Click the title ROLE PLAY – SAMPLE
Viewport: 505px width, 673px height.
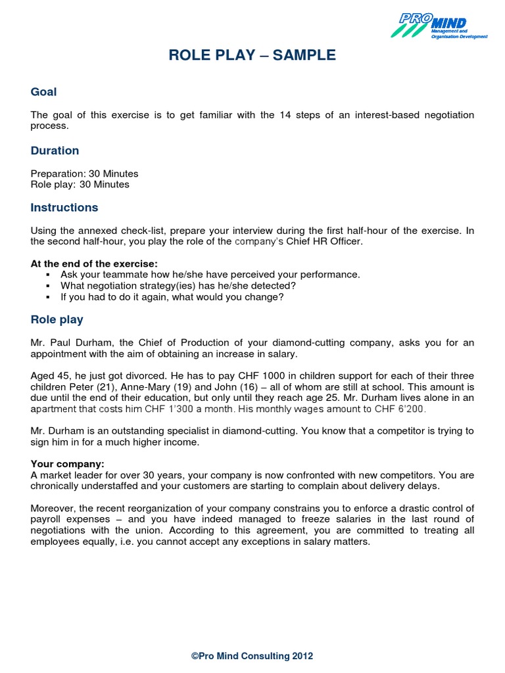coord(252,56)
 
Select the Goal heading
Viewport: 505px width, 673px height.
coord(44,93)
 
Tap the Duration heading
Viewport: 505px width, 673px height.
coord(55,151)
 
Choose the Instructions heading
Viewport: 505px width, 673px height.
coord(64,208)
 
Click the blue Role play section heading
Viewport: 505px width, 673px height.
coord(57,320)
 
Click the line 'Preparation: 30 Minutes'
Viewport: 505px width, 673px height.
coord(84,174)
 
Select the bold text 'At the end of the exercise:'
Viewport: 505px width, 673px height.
coord(94,264)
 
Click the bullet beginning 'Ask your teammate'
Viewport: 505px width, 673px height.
coord(210,275)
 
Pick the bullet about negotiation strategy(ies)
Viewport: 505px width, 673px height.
coord(178,286)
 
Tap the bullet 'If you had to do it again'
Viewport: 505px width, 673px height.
coord(172,297)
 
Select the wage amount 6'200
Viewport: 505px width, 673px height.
coord(412,409)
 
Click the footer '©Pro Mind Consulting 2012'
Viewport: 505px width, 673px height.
coord(252,656)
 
